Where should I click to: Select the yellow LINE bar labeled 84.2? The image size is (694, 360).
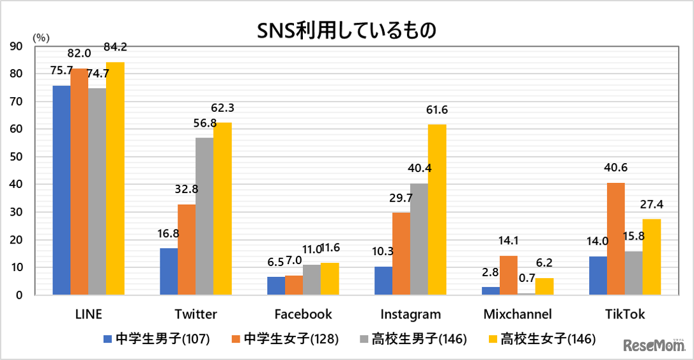(115, 178)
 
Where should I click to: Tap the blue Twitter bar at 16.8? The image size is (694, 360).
(169, 271)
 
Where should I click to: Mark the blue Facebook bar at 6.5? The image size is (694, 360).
(276, 286)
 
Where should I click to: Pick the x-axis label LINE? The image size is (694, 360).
(89, 315)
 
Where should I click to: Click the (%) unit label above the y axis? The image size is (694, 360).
(40, 36)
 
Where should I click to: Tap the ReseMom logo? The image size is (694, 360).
(654, 345)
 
